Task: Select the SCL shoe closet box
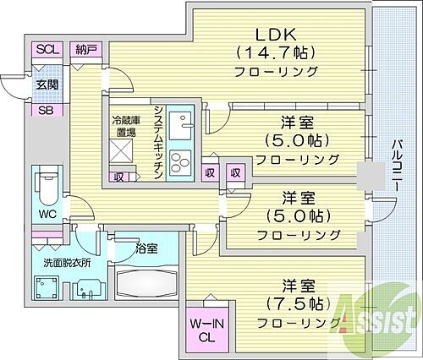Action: pos(46,50)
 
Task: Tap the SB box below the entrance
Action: pos(46,110)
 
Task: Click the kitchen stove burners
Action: pos(181,161)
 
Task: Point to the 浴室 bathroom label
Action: pos(146,248)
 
